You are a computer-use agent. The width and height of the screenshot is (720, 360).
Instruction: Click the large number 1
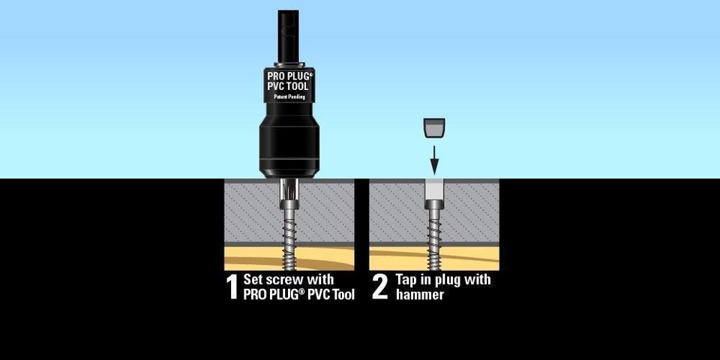232,287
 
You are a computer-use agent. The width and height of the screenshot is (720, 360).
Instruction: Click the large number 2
380,287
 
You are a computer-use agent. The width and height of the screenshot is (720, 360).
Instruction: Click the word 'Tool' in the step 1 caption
339,295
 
